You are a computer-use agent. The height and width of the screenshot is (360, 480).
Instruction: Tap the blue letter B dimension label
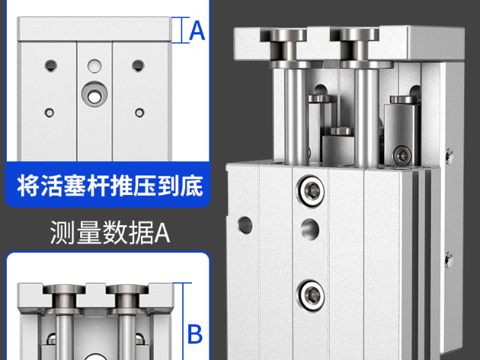tap(194, 332)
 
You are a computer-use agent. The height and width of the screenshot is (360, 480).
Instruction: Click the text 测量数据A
tap(110, 233)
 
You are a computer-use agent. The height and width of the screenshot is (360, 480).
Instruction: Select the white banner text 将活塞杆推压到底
tap(110, 184)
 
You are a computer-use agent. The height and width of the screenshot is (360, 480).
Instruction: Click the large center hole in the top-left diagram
tap(94, 95)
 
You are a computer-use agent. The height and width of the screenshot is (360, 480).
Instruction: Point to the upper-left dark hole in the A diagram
tap(50, 64)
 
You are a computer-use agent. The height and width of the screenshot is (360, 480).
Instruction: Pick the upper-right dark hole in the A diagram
tap(138, 65)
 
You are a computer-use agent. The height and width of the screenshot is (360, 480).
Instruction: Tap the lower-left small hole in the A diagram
tap(49, 112)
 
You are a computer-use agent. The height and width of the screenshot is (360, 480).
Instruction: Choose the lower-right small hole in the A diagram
tap(139, 112)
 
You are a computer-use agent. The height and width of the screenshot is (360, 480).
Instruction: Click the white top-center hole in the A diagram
tap(94, 65)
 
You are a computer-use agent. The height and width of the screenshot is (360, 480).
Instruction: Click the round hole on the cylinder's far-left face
tap(244, 223)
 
